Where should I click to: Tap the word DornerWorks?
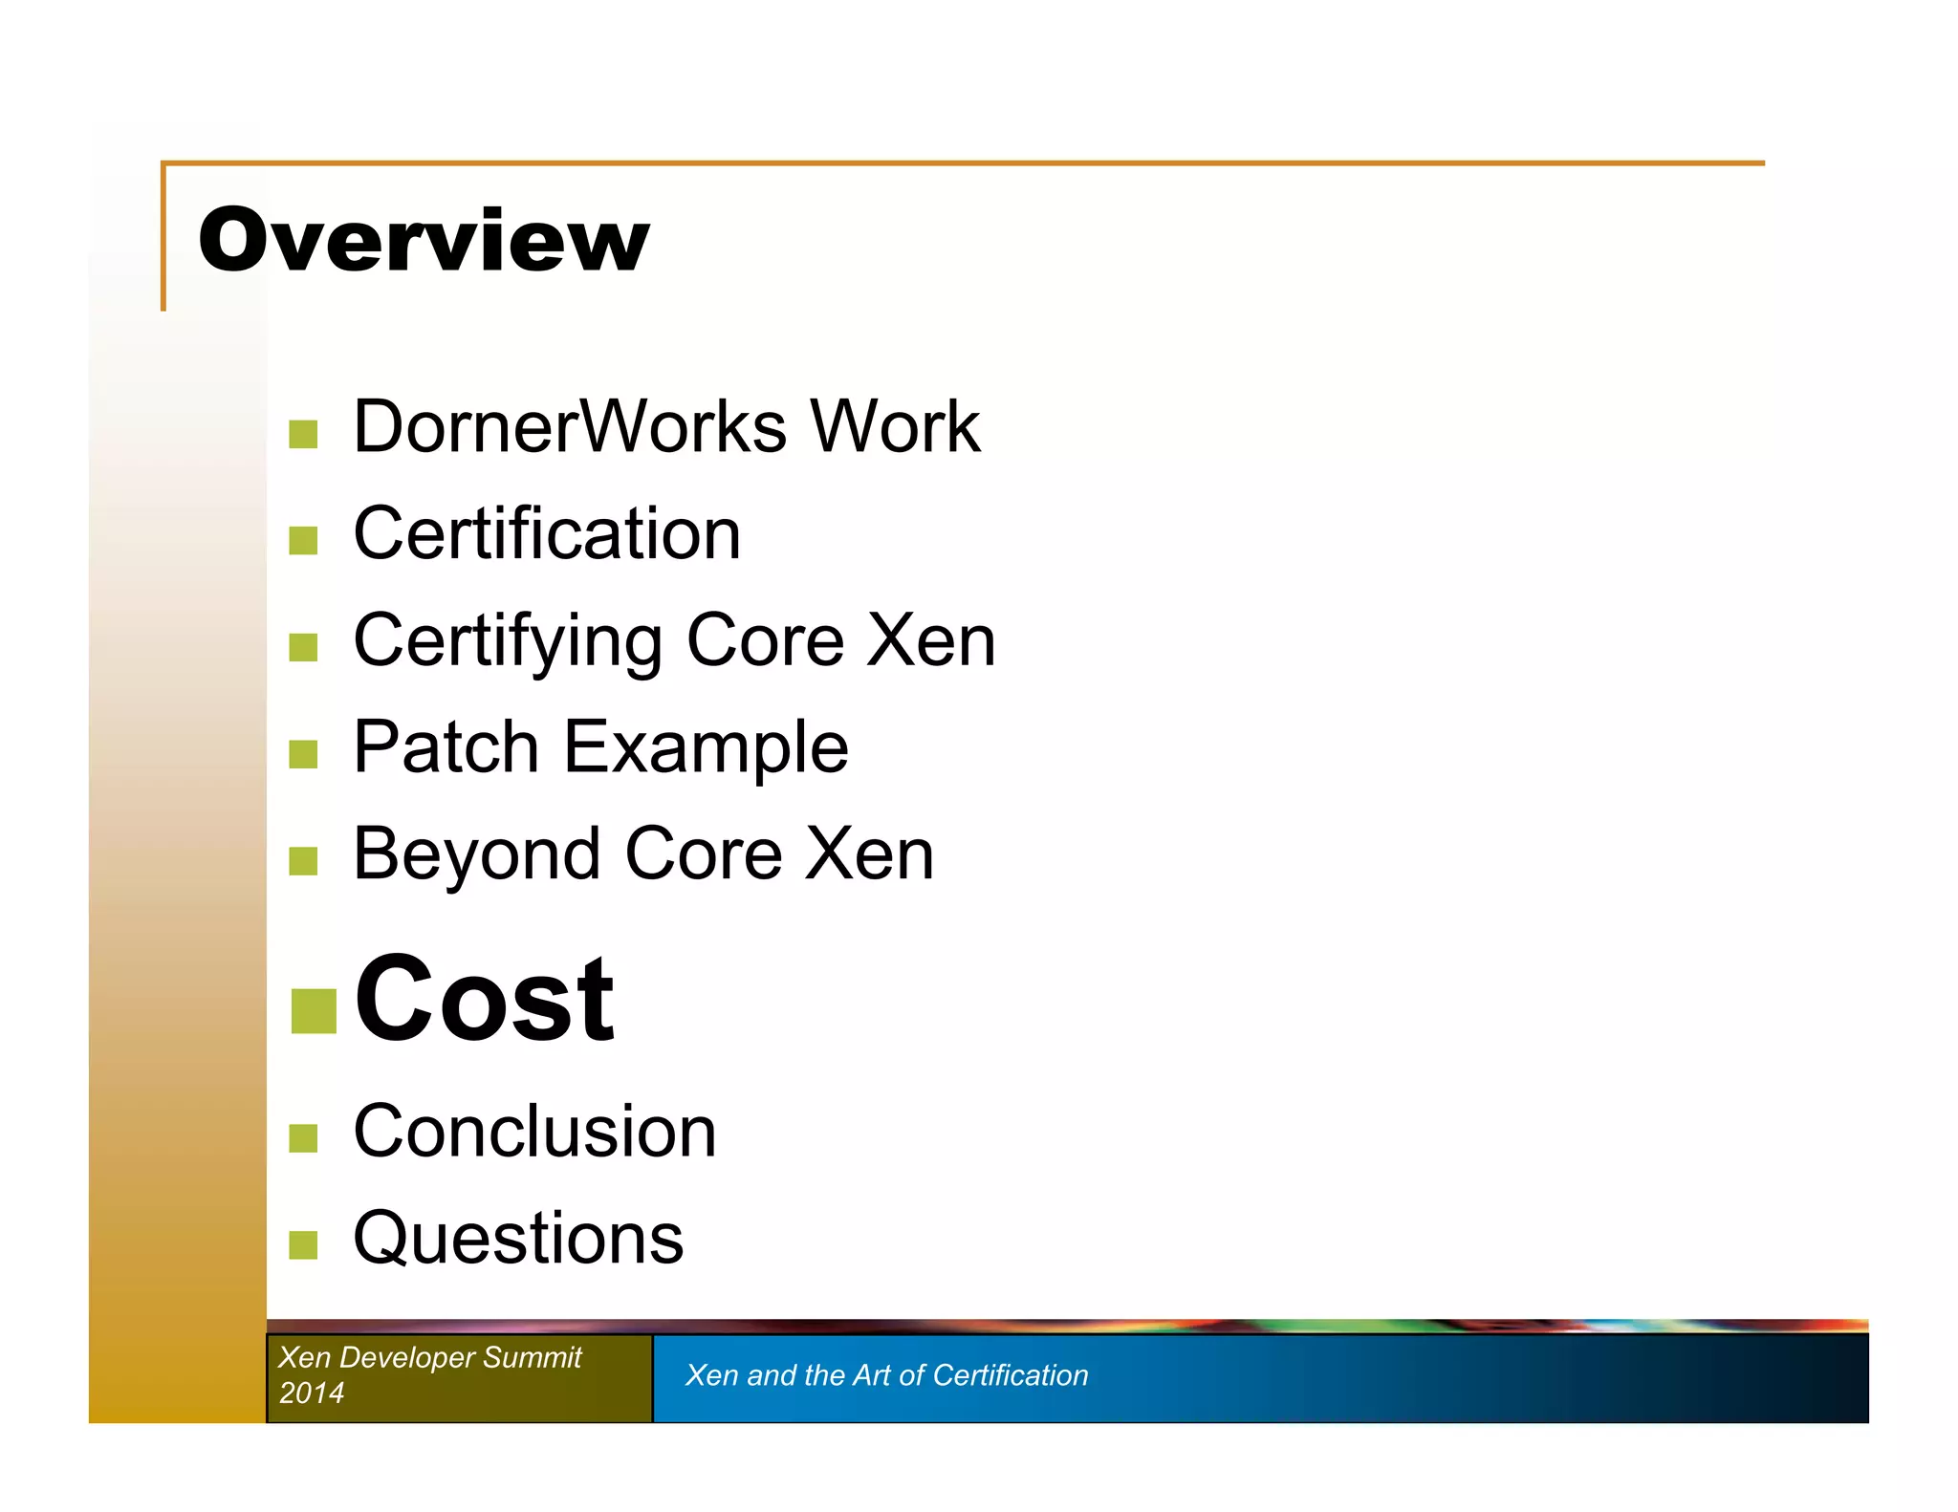[570, 426]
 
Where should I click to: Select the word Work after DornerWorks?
[895, 426]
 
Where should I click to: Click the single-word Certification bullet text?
[547, 533]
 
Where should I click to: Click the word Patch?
[446, 746]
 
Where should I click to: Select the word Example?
[706, 748]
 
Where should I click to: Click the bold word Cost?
[484, 1000]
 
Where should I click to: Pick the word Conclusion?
[534, 1132]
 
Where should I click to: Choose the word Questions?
[518, 1239]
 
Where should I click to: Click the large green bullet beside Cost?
[314, 1011]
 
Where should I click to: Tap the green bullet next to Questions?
[303, 1245]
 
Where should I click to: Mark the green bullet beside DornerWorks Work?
[303, 434]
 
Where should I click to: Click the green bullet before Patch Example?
[303, 754]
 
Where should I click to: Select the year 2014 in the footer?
[312, 1393]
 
